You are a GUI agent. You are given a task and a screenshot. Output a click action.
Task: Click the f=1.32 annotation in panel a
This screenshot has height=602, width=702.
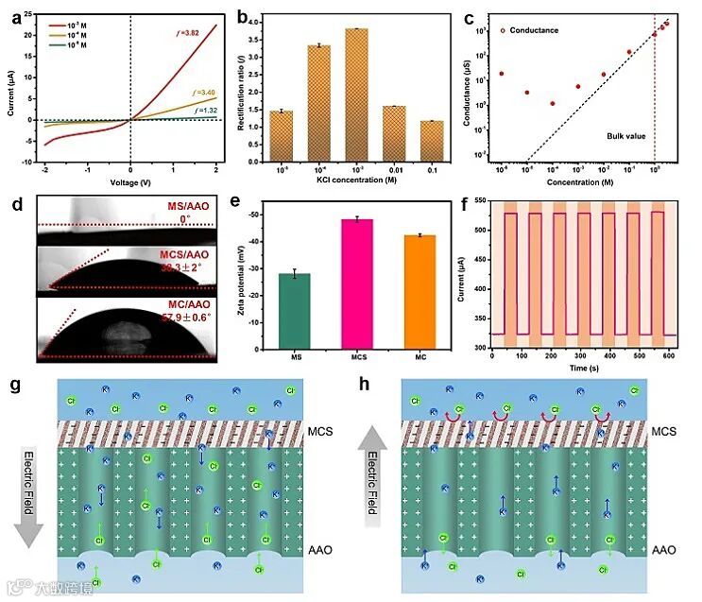tap(204, 111)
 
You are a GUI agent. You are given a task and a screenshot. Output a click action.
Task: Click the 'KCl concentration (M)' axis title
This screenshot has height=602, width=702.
tap(356, 179)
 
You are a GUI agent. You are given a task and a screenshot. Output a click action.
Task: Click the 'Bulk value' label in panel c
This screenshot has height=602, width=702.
tap(626, 136)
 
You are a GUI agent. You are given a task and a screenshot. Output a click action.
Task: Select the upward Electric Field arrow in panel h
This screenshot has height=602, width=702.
tap(373, 473)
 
